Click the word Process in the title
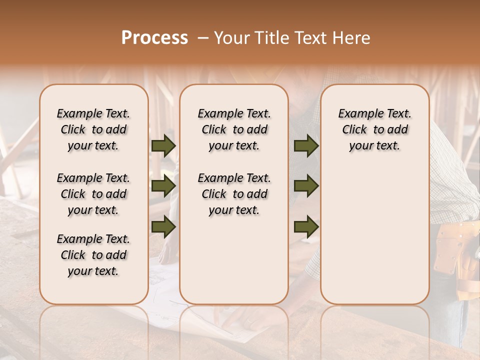point(154,38)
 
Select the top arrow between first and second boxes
point(163,146)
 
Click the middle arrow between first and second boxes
point(163,186)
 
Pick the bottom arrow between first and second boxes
point(163,226)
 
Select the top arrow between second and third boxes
point(306,146)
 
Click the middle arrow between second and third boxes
point(306,186)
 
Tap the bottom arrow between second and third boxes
point(306,226)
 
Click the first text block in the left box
point(93,129)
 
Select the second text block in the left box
point(93,194)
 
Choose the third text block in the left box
point(93,255)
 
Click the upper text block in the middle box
point(234,129)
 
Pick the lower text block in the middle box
point(234,194)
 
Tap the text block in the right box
point(374,129)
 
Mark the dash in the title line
point(203,38)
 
